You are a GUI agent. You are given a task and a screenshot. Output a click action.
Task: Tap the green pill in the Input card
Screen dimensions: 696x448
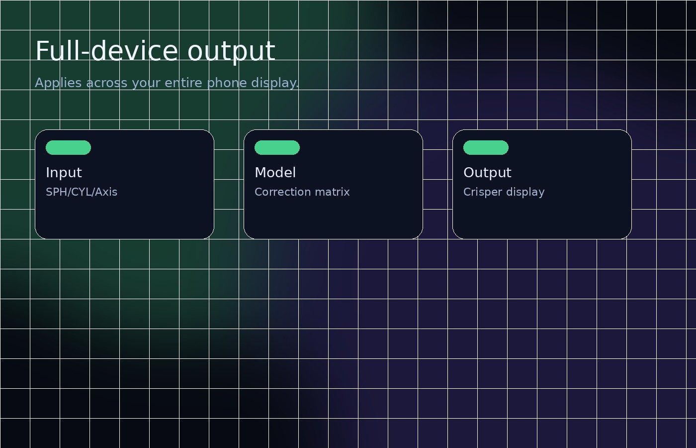pyautogui.click(x=68, y=147)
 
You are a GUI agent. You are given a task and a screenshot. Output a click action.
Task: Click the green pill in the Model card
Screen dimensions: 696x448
pyautogui.click(x=277, y=147)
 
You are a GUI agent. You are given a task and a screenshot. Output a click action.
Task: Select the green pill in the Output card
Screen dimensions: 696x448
pyautogui.click(x=486, y=147)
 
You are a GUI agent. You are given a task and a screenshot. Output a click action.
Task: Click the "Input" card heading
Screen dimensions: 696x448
pyautogui.click(x=64, y=173)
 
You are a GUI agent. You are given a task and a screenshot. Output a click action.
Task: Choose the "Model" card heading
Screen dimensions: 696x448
pyautogui.click(x=275, y=173)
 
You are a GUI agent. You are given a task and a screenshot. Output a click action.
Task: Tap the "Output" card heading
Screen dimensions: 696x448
pyautogui.click(x=487, y=173)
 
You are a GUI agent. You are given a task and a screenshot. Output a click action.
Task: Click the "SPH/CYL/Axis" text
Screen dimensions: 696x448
pyautogui.click(x=82, y=192)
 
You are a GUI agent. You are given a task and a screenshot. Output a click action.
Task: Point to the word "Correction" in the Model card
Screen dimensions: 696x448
pyautogui.click(x=279, y=192)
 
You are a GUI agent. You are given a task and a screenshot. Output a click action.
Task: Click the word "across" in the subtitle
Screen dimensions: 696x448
pyautogui.click(x=106, y=83)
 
